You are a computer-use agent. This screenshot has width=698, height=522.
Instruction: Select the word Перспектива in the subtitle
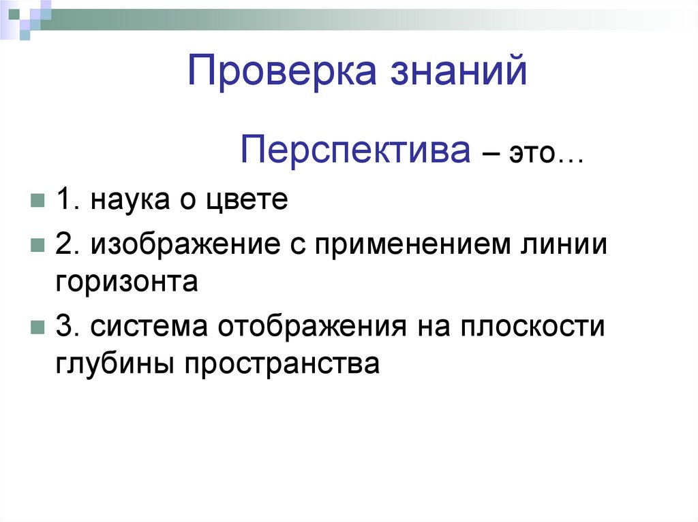pos(355,150)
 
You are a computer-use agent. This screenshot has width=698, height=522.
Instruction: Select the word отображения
pos(312,327)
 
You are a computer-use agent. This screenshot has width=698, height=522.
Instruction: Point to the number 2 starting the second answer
pos(64,245)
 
